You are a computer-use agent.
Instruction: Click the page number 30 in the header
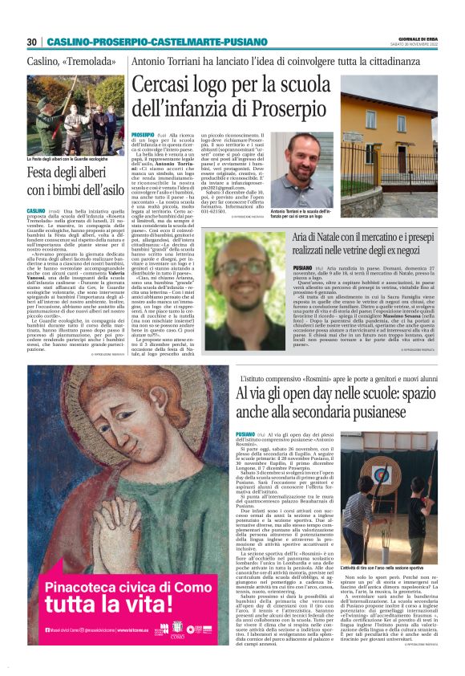click(31, 42)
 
